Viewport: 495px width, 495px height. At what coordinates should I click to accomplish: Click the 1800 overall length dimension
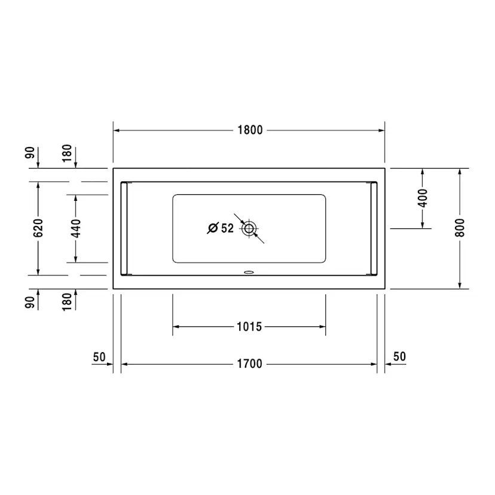click(x=250, y=130)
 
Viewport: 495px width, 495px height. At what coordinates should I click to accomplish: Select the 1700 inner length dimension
click(x=250, y=364)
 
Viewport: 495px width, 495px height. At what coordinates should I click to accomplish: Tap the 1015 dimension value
click(x=249, y=327)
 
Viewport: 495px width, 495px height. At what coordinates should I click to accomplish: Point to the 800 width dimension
click(x=460, y=228)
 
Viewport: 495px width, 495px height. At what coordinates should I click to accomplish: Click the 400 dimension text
click(x=423, y=198)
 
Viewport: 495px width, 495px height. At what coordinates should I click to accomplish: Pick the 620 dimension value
click(x=38, y=228)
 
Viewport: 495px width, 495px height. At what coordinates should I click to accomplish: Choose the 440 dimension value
click(x=76, y=228)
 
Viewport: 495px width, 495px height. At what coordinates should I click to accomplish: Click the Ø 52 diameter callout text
click(x=221, y=228)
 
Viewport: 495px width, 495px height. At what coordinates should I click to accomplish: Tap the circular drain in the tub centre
click(x=249, y=228)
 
